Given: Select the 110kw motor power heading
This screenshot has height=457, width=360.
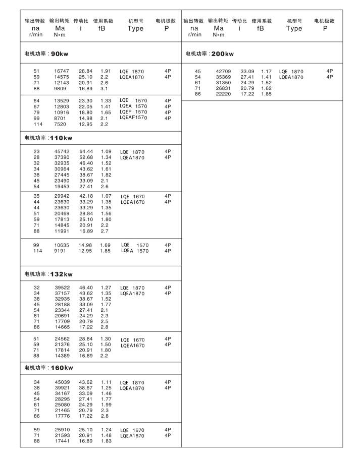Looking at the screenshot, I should (x=49, y=138).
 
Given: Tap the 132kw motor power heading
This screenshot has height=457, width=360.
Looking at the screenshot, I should (x=49, y=274).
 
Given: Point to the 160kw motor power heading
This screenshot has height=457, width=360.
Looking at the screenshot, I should (x=49, y=368).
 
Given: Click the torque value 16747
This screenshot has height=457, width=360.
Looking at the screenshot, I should (x=62, y=71).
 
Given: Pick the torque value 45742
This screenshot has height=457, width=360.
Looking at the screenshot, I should (x=62, y=151).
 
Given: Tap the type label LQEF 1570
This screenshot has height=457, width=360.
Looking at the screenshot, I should (x=133, y=112).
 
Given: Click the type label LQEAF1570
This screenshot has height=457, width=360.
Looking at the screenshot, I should (x=133, y=118).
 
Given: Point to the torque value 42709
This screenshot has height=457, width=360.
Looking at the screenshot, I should (x=223, y=71).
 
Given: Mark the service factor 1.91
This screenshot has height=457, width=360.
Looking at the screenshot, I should (x=106, y=71).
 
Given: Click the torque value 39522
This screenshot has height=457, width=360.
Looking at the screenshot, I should (x=62, y=288).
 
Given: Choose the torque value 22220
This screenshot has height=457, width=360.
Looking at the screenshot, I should (x=223, y=94).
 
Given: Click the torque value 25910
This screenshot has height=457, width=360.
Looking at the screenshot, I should (x=62, y=430).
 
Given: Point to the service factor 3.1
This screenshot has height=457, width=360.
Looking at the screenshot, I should (x=104, y=89).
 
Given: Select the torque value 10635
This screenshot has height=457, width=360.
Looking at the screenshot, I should (x=62, y=245).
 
